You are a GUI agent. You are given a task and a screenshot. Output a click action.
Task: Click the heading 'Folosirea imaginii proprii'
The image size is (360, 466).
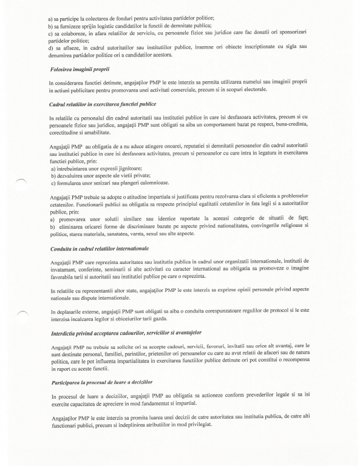(80, 70)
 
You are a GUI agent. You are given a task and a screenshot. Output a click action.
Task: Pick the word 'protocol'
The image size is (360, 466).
(279, 311)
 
